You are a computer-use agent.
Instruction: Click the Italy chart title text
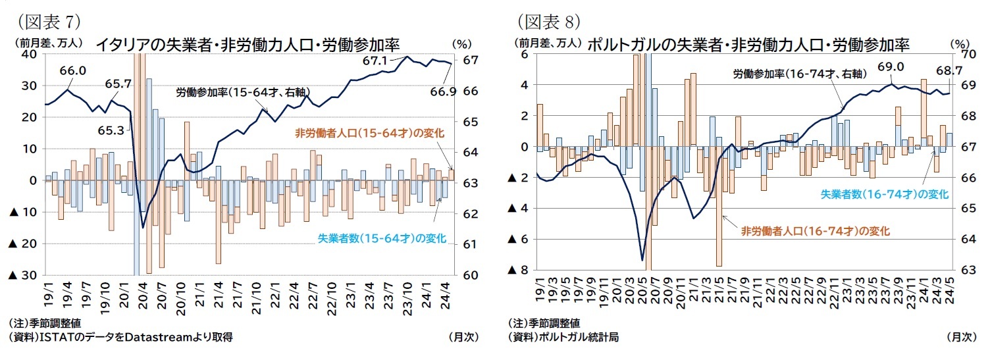tap(248, 45)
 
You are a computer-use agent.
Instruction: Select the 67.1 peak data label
tap(375, 61)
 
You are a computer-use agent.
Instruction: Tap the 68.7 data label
tap(954, 70)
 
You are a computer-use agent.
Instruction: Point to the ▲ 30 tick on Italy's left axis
tap(22, 275)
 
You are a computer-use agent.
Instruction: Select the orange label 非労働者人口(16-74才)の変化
tap(816, 231)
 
